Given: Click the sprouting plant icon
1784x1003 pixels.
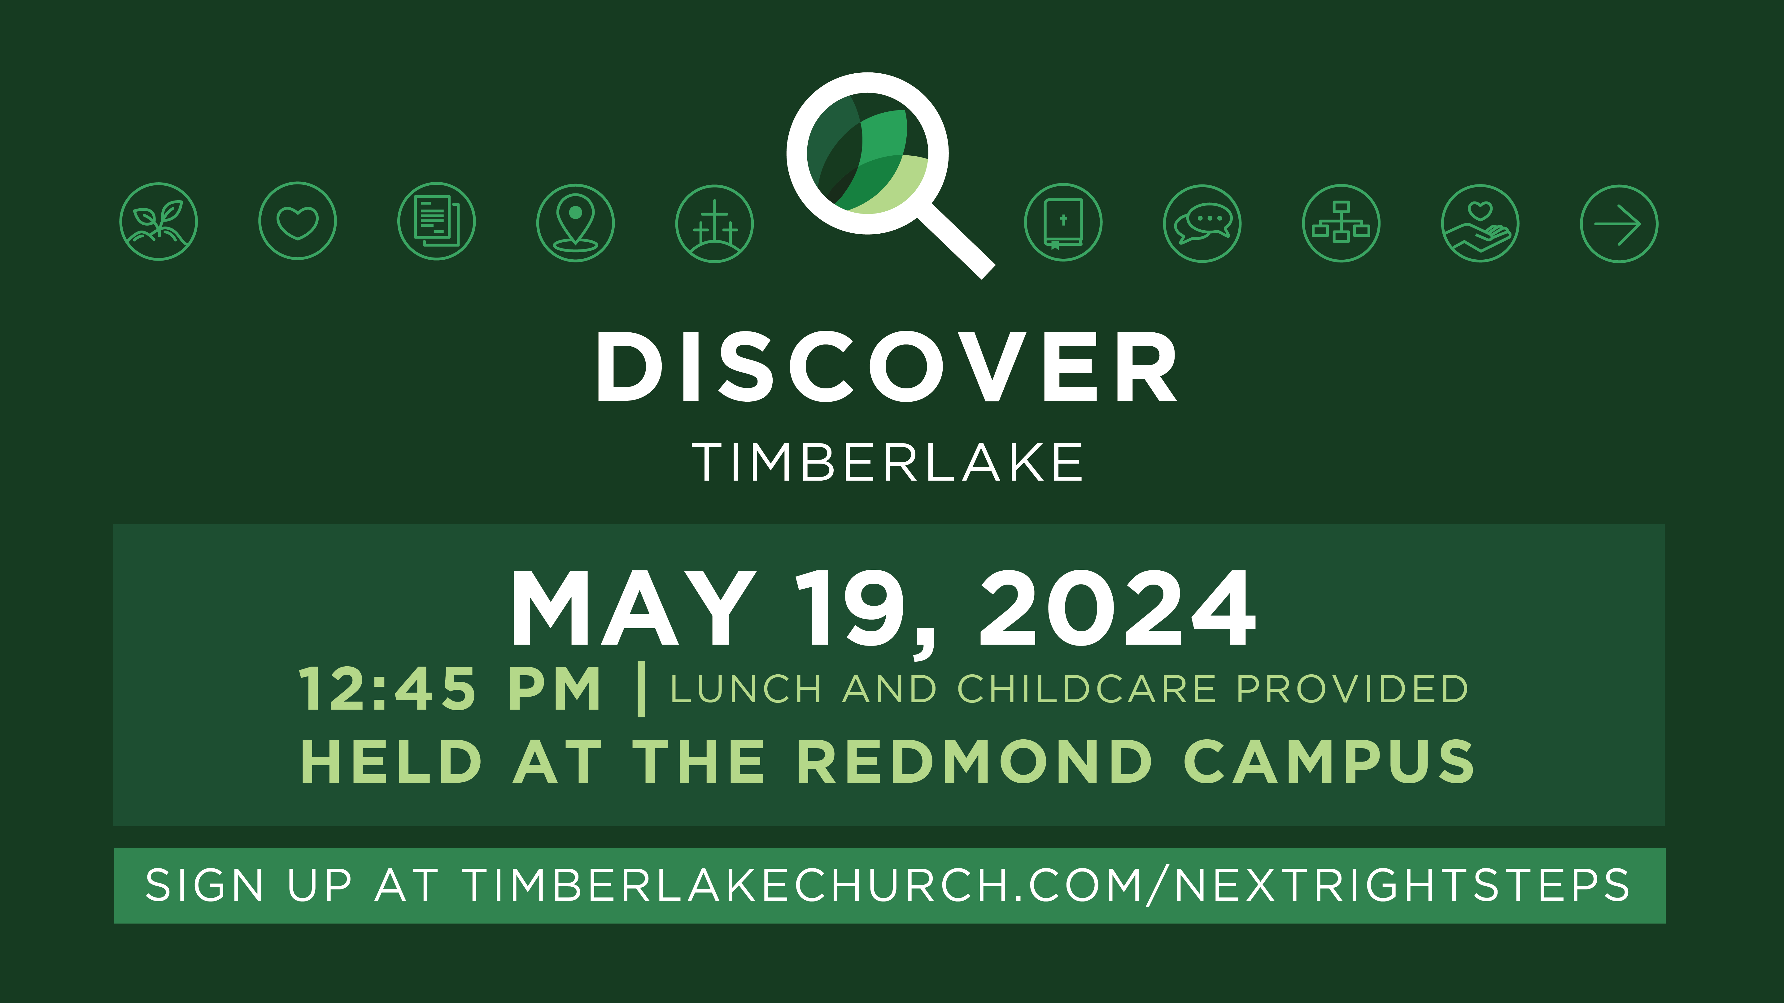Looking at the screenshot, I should tap(159, 222).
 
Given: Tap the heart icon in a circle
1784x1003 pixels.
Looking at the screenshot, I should tap(298, 222).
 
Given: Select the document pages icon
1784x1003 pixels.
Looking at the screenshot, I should tap(436, 222).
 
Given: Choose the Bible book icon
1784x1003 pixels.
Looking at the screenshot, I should tap(1063, 222).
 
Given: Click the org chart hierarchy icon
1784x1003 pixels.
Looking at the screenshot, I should tap(1341, 223).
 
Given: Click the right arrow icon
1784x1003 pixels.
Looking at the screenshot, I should tap(1619, 223).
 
